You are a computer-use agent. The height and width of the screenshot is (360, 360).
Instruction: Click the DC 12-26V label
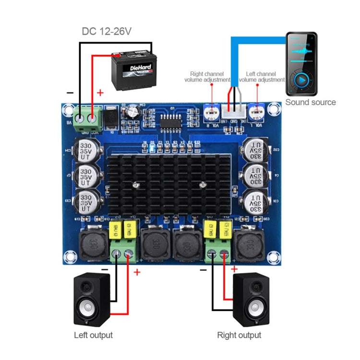pos(107,32)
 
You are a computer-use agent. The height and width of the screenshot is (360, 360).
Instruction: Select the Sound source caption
pos(311,102)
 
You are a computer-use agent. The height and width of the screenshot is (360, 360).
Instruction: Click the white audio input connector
pos(234,112)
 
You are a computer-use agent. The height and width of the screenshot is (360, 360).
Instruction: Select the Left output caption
pos(93,335)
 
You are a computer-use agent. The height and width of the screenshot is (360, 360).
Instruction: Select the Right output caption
pos(239,335)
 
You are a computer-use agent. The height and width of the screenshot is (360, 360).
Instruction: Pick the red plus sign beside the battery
pos(100,93)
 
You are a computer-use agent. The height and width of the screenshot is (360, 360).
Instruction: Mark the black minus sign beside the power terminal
pos(70,92)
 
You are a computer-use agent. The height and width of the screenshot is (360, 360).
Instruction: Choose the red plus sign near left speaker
pos(137,272)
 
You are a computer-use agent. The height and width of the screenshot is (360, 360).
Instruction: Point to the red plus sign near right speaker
pos(234,269)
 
